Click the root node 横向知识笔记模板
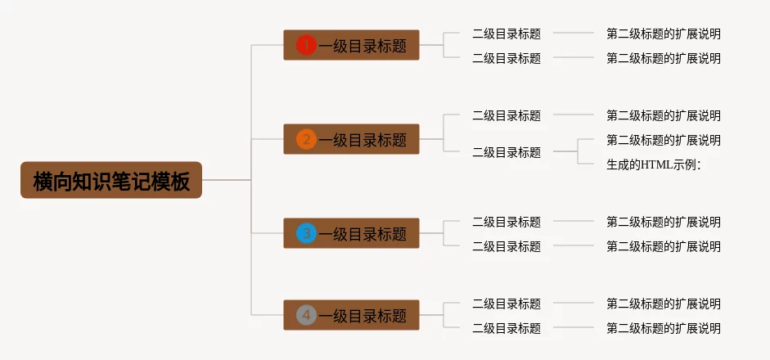click(111, 180)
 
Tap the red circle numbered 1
click(306, 46)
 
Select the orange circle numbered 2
click(306, 140)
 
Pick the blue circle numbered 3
click(306, 234)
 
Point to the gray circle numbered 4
click(306, 315)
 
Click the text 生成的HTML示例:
click(654, 164)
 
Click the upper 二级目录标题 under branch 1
click(507, 34)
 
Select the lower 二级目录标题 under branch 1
click(507, 58)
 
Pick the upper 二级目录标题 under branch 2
click(507, 115)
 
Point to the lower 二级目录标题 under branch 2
click(507, 152)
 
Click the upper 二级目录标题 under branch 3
click(507, 222)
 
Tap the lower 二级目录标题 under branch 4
click(507, 328)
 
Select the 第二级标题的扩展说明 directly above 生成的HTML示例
click(664, 140)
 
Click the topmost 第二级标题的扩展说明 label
click(664, 34)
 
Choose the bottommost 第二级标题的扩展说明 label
click(664, 328)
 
